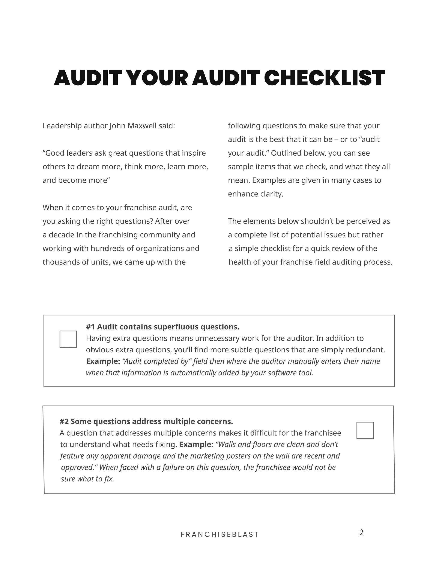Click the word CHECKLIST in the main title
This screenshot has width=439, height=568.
[324, 78]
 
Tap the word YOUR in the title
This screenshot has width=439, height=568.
[158, 78]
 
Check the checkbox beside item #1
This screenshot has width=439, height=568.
[68, 339]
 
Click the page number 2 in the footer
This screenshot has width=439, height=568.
[361, 533]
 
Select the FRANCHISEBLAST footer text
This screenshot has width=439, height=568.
[219, 534]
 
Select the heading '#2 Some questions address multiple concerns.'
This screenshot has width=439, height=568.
[146, 421]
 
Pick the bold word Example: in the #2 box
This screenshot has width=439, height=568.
[196, 445]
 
